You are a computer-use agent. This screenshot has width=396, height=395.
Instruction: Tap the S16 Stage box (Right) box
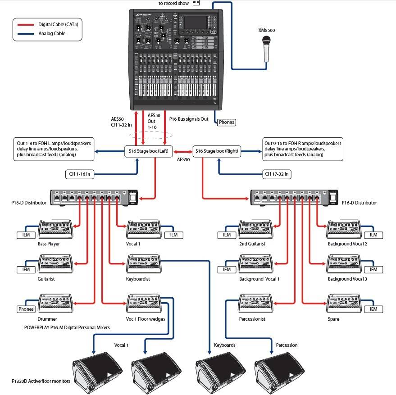click(217, 151)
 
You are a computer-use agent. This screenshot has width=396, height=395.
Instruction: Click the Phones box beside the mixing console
click(226, 122)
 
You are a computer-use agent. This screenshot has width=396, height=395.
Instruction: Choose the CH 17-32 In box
click(277, 174)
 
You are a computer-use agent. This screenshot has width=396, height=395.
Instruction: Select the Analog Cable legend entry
click(45, 33)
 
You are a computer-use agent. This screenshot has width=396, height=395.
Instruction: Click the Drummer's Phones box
click(26, 309)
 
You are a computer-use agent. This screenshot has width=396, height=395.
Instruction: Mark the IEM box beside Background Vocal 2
click(373, 235)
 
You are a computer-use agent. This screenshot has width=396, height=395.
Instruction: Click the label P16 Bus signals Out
click(189, 119)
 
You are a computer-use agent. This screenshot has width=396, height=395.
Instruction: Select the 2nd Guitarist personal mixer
click(255, 228)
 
